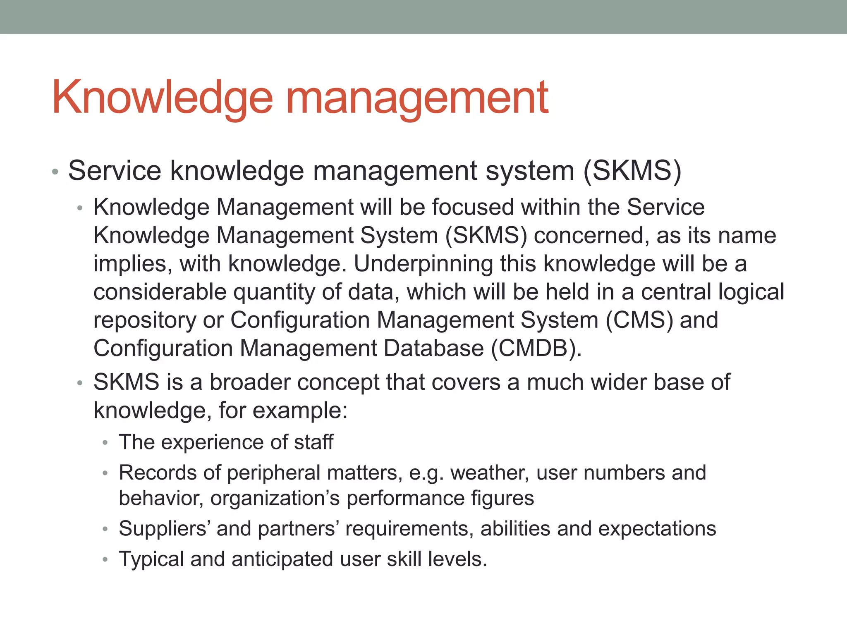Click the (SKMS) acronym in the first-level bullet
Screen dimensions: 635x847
[x=632, y=171]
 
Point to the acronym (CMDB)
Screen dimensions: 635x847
[x=536, y=348]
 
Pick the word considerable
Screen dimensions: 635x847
[x=160, y=292]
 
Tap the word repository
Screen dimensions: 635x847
[x=144, y=320]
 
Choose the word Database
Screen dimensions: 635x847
[x=433, y=348]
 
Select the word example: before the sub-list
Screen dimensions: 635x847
[x=300, y=410]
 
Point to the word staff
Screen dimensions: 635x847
[x=313, y=442]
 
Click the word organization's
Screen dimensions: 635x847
[x=275, y=498]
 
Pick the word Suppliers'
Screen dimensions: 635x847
[x=163, y=529]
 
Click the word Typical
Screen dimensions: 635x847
[x=151, y=559]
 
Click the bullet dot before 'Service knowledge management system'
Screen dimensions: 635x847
[x=55, y=172]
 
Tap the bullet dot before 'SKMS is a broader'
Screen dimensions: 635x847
[x=80, y=383]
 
